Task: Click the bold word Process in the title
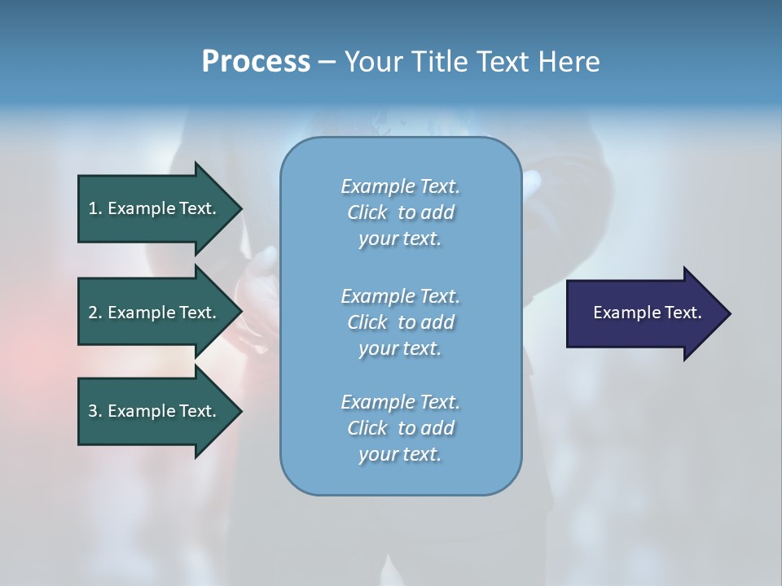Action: pyautogui.click(x=256, y=62)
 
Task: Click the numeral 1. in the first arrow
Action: pyautogui.click(x=95, y=208)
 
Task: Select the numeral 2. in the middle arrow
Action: pyautogui.click(x=95, y=313)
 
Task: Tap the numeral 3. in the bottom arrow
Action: pyautogui.click(x=95, y=411)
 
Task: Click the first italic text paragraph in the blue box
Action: pyautogui.click(x=400, y=212)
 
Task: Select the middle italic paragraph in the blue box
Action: pyautogui.click(x=400, y=322)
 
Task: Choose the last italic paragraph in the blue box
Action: pyautogui.click(x=400, y=428)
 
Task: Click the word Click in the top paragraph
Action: pyautogui.click(x=367, y=212)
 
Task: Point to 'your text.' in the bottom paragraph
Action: pyautogui.click(x=400, y=454)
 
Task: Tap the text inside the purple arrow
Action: pyautogui.click(x=647, y=313)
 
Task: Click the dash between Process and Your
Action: pyautogui.click(x=327, y=63)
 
